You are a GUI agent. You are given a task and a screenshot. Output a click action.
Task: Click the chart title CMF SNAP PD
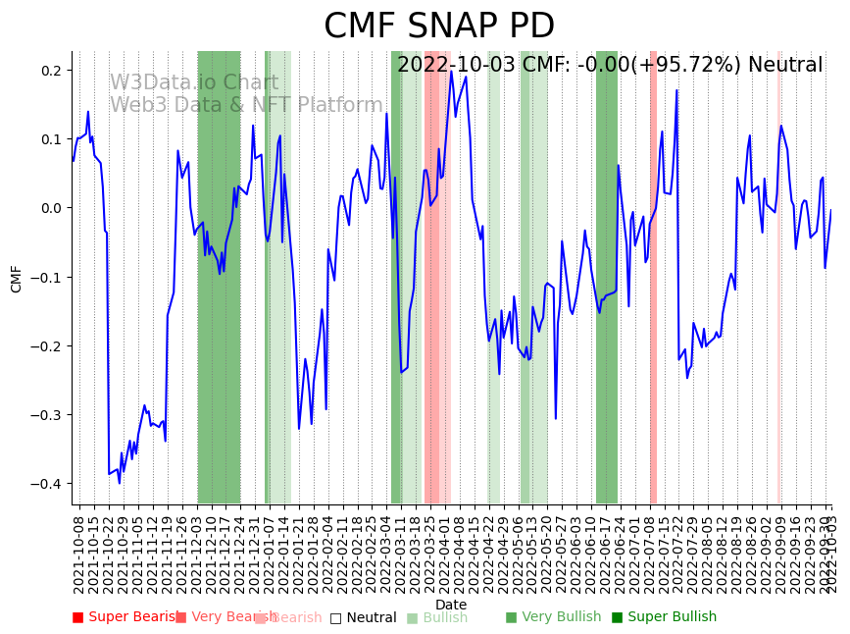coord(439,26)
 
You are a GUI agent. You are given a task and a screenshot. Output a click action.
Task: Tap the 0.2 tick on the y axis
coord(51,71)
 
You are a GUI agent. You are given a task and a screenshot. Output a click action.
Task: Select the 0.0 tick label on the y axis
coord(51,208)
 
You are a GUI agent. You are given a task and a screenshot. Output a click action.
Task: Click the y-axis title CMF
coord(17,278)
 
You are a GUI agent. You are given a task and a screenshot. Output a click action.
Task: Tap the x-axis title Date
coord(451,605)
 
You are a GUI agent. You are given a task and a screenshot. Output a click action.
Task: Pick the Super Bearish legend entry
coord(122,617)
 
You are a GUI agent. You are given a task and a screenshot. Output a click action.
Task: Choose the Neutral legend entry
coord(363,617)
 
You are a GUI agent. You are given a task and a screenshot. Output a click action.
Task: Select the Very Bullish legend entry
coord(553,617)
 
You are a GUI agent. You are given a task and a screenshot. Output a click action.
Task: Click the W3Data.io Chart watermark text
coord(193,82)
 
